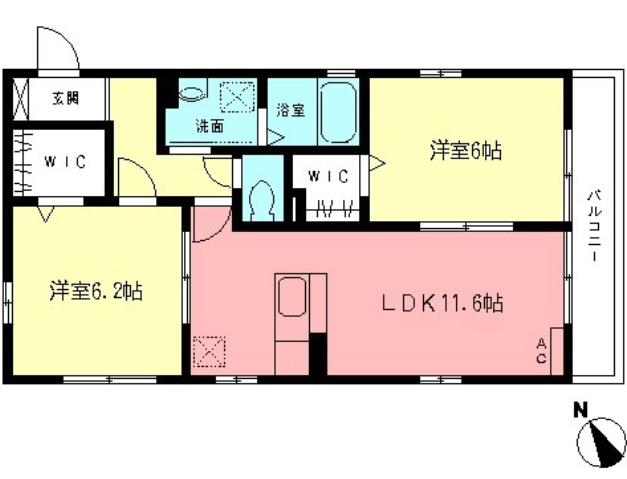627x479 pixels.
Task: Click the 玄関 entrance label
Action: click(66, 98)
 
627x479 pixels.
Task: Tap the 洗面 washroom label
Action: click(209, 126)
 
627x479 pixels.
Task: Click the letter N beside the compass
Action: click(579, 409)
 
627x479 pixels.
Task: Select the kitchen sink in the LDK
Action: click(293, 297)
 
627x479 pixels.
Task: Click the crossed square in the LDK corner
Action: click(210, 351)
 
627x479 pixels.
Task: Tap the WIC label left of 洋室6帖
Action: click(327, 177)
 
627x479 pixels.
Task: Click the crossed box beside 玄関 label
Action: click(22, 99)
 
